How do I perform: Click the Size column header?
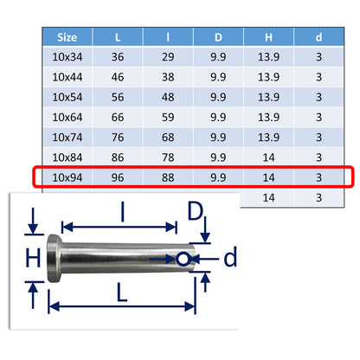(67, 37)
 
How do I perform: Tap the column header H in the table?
(268, 37)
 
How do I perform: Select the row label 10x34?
(67, 57)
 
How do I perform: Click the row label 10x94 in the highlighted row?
(67, 177)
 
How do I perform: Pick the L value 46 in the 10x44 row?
(118, 77)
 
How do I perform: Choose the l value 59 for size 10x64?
(168, 117)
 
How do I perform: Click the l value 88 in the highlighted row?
(168, 177)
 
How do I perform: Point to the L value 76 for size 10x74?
(118, 138)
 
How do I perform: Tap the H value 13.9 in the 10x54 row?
(268, 97)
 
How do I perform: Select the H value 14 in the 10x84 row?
(268, 157)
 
